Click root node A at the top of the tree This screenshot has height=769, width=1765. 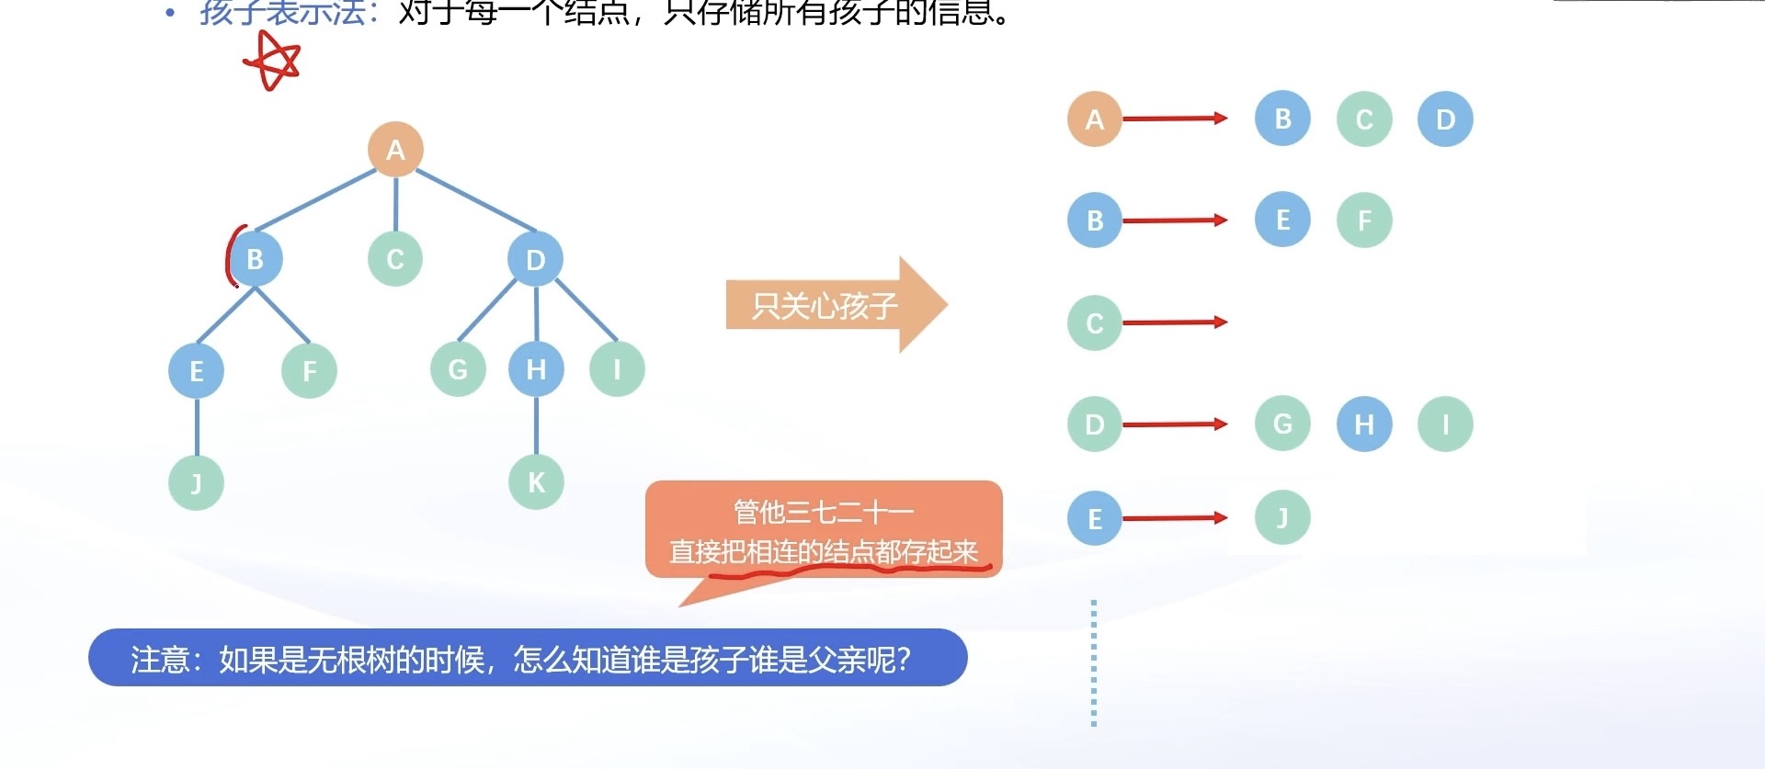(395, 149)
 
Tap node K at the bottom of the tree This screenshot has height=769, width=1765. (536, 481)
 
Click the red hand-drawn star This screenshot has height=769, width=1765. (272, 62)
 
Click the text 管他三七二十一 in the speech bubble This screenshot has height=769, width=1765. (823, 511)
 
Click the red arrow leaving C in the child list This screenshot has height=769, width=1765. (1175, 322)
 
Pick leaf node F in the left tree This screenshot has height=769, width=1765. (309, 370)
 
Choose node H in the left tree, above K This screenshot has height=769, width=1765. (536, 369)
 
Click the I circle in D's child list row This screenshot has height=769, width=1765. (1445, 424)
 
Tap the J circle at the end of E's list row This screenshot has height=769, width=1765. (1282, 517)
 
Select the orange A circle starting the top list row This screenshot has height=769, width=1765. (1094, 119)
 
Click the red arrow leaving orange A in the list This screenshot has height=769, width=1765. (1175, 119)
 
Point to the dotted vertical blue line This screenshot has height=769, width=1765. (1094, 662)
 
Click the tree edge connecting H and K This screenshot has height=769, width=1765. (537, 425)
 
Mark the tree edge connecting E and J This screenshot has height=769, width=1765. (197, 426)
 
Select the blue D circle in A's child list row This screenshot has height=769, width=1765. (1445, 119)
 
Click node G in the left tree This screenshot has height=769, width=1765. (458, 369)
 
